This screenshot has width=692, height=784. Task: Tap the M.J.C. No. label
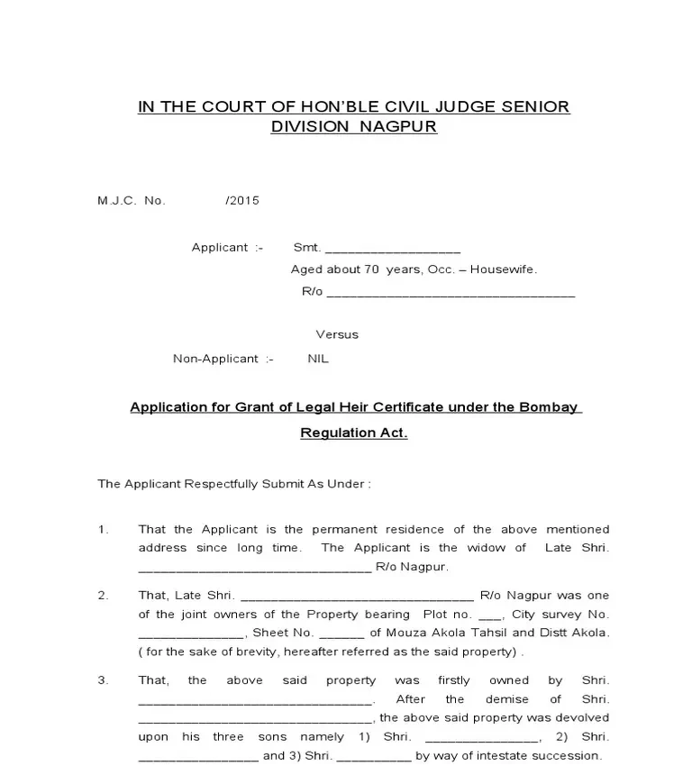point(132,200)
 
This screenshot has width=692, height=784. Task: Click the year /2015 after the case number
point(242,200)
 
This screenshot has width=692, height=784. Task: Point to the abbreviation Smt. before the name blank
point(307,247)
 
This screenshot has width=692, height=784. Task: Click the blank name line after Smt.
point(393,249)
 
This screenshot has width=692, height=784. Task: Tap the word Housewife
point(505,269)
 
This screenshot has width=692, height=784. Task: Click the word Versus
point(337,334)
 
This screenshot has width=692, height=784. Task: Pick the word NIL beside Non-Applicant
point(318,358)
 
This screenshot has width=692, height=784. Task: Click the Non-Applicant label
point(216,358)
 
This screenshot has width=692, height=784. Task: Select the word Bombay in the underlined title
point(548,406)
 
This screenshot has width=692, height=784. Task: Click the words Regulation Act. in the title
point(353,433)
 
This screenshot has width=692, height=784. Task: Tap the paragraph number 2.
point(103,595)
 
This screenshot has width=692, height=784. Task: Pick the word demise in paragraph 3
point(506,698)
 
